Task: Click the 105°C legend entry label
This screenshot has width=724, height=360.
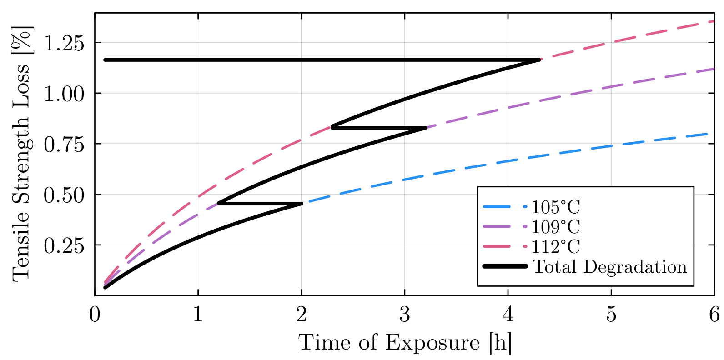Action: (556, 207)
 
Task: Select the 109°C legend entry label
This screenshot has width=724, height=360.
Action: (556, 227)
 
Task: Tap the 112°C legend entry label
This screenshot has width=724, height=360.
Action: (556, 247)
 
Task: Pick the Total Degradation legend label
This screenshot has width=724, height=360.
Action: (609, 267)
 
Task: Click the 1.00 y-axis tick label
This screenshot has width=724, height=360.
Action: (64, 94)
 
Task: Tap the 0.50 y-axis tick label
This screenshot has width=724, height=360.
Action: (64, 195)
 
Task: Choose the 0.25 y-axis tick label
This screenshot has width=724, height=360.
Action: (64, 245)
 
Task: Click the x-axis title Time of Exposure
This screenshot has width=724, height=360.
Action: (405, 342)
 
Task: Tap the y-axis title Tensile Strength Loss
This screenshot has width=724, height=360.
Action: (22, 154)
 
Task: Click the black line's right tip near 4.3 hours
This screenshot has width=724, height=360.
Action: (539, 60)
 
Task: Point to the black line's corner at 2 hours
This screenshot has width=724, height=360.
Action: (301, 204)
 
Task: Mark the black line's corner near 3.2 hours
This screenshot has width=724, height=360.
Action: (425, 128)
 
